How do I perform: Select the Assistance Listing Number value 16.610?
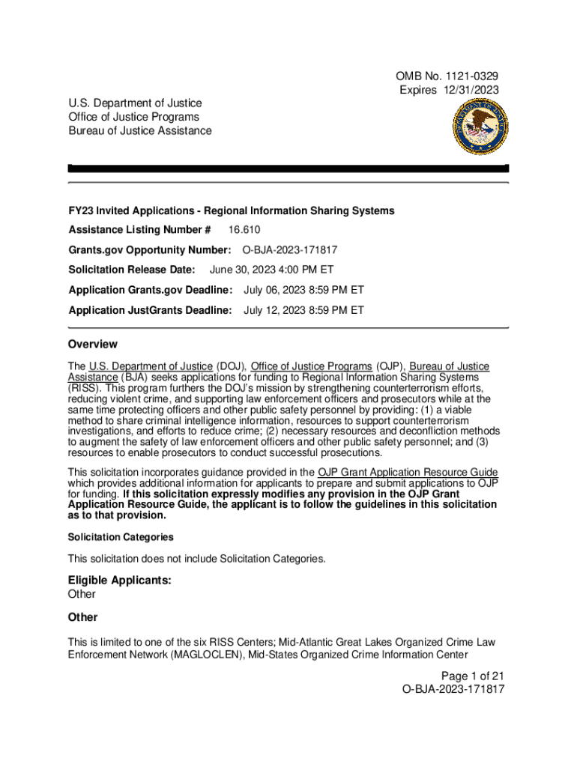(245, 230)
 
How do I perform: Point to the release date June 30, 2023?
(248, 270)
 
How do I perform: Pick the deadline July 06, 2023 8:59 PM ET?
(303, 290)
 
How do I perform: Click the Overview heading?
(93, 345)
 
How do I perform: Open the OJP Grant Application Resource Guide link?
(408, 473)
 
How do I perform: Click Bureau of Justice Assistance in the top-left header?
(140, 131)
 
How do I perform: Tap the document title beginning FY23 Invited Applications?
(231, 210)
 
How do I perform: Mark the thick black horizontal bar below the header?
(288, 169)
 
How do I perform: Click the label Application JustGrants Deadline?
(150, 310)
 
